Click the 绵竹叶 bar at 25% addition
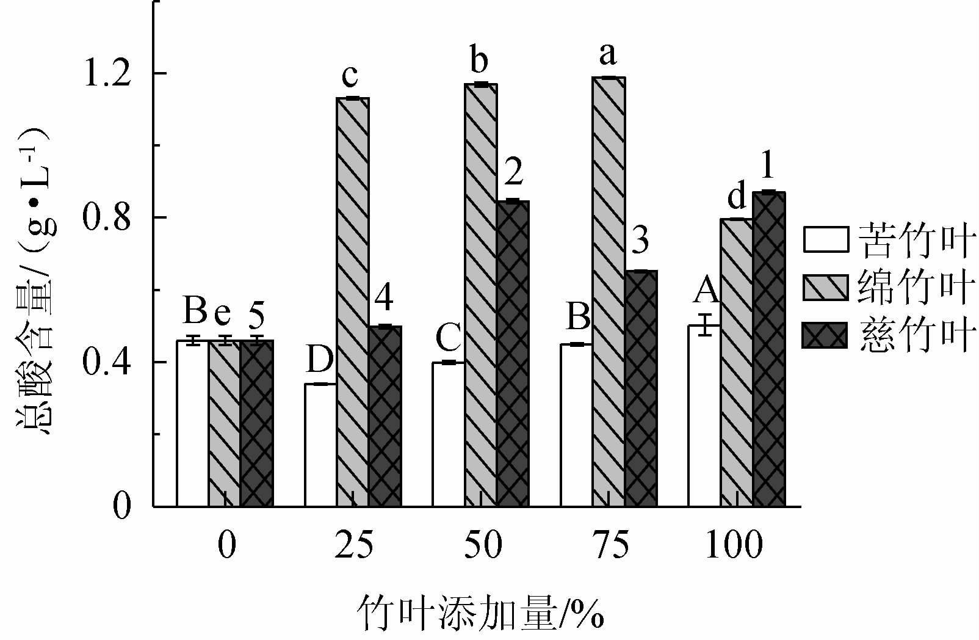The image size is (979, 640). (352, 302)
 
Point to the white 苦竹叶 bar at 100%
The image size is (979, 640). (704, 415)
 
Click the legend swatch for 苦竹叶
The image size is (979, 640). (825, 240)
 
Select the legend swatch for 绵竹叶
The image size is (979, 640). (825, 288)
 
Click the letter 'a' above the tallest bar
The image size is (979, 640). (607, 54)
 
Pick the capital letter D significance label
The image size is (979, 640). (319, 359)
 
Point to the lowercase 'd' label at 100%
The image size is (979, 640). (737, 197)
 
